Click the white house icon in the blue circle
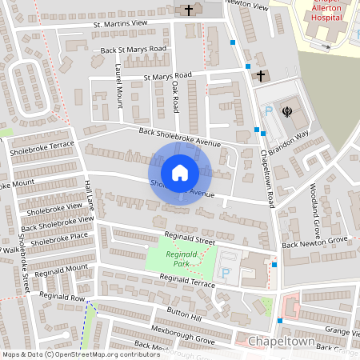180,173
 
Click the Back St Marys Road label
134,50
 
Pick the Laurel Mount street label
119,86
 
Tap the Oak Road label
175,94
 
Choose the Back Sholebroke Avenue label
179,137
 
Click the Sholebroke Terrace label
42,148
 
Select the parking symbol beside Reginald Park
225,273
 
